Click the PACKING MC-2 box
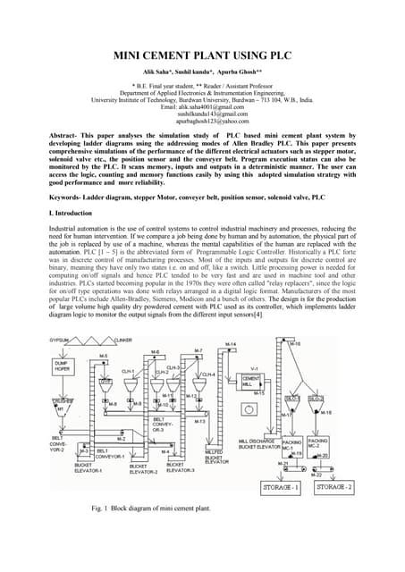pyautogui.click(x=318, y=442)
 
